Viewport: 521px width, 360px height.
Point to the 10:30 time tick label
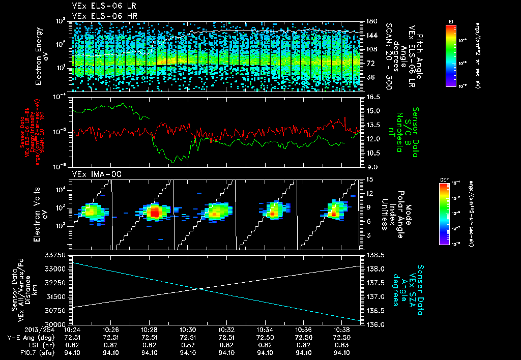click(188, 329)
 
